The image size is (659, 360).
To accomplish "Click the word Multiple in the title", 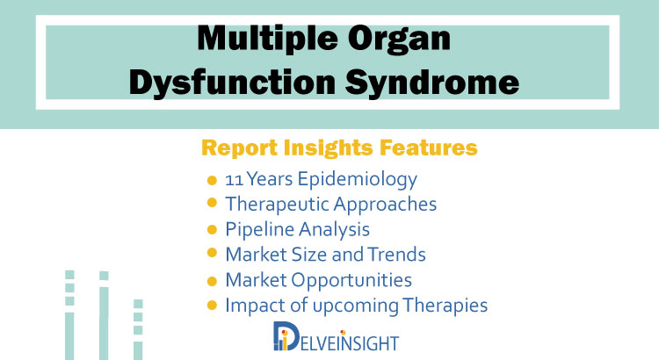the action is pyautogui.click(x=267, y=39).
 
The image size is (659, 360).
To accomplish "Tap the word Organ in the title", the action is pyautogui.click(x=399, y=40).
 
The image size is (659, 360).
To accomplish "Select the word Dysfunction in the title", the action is pyautogui.click(x=232, y=82).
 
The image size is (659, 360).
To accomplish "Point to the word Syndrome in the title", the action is pyautogui.click(x=432, y=83).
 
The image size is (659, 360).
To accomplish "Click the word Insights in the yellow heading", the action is pyautogui.click(x=329, y=148).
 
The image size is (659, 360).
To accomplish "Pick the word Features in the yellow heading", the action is pyautogui.click(x=428, y=148).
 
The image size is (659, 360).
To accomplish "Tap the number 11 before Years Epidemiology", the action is pyautogui.click(x=234, y=180).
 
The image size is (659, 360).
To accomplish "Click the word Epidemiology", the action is pyautogui.click(x=358, y=180).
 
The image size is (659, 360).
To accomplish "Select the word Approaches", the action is pyautogui.click(x=386, y=205).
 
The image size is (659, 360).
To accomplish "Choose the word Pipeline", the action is pyautogui.click(x=260, y=230).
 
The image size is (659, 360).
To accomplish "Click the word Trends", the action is pyautogui.click(x=397, y=255).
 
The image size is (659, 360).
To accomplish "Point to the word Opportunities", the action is pyautogui.click(x=351, y=280).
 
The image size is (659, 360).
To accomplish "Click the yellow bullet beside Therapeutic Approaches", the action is pyautogui.click(x=212, y=203).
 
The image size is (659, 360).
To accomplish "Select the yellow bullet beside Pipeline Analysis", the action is pyautogui.click(x=212, y=230).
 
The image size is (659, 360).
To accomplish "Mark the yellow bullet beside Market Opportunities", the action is pyautogui.click(x=212, y=281).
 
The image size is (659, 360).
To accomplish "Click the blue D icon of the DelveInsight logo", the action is pyautogui.click(x=286, y=335).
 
